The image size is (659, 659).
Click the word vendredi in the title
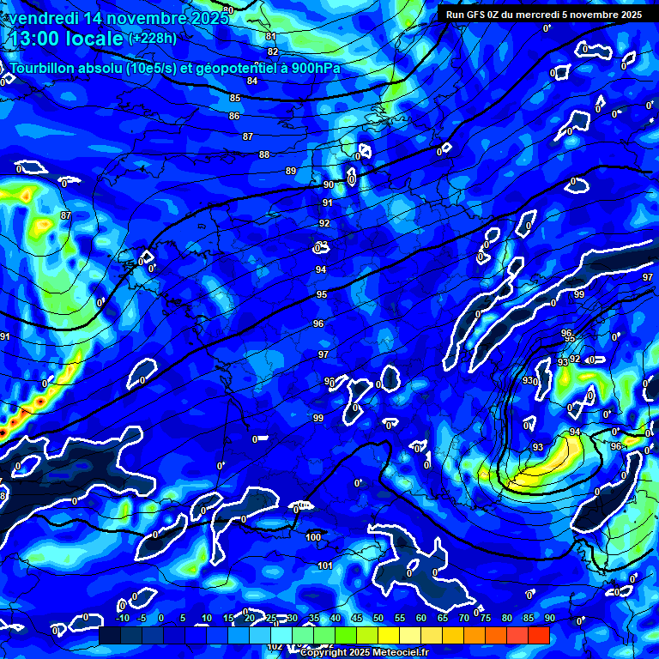44,16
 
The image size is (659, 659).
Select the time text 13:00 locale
65,39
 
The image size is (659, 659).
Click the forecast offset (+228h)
152,39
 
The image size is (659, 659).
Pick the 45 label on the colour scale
357,619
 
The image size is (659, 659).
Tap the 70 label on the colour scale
464,619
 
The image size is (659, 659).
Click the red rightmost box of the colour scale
539,635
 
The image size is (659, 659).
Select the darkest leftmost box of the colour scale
109,635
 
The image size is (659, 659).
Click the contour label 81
271,36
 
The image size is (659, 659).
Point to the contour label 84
252,81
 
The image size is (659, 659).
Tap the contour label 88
264,154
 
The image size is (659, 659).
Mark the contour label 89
291,171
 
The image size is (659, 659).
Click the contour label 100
314,537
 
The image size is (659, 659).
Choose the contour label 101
325,565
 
